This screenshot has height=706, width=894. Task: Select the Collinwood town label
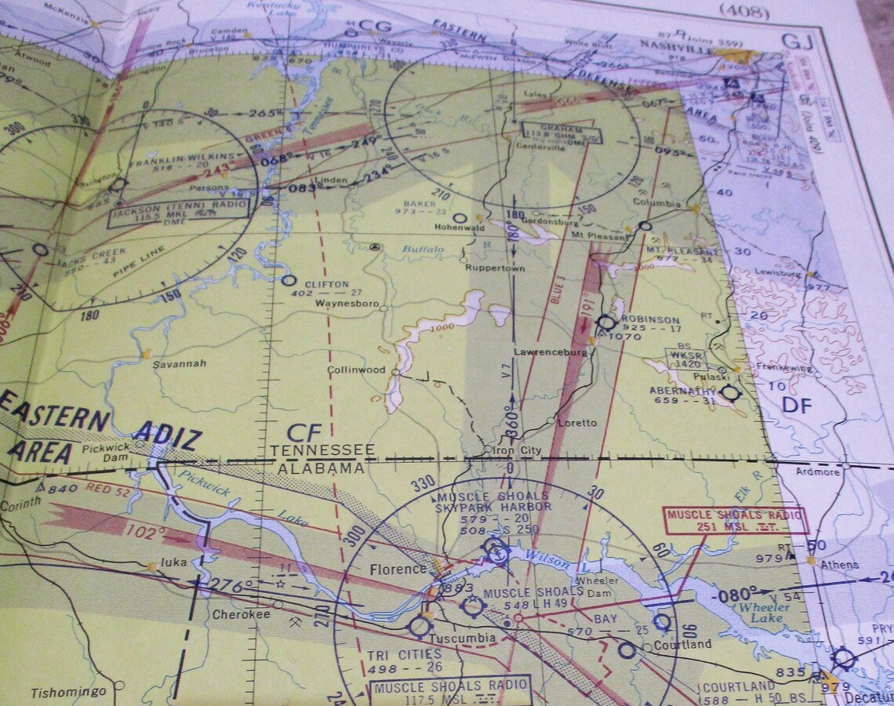tap(356, 369)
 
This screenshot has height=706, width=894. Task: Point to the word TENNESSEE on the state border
tap(322, 450)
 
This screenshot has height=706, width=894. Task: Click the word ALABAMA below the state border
tap(321, 468)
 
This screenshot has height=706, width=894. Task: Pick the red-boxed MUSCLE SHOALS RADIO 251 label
tap(735, 520)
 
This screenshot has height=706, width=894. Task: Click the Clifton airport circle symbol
tap(289, 280)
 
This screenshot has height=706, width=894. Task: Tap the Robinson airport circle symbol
tap(605, 322)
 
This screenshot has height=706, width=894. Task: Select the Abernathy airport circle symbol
tap(730, 392)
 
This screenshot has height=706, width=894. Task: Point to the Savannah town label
tap(179, 363)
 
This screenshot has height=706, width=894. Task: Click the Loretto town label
tap(577, 423)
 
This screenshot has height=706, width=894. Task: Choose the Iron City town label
tap(514, 449)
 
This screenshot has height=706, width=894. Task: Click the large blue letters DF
tap(797, 404)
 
